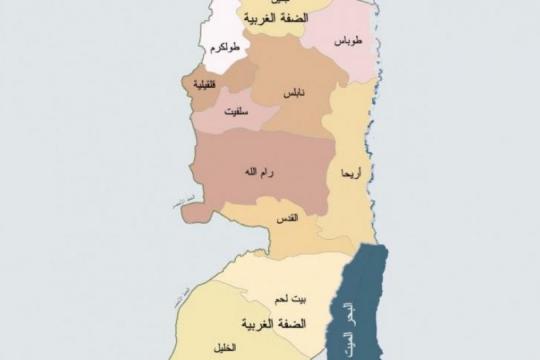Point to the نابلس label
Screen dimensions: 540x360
pyautogui.click(x=293, y=92)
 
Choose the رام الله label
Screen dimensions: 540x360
pyautogui.click(x=258, y=172)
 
